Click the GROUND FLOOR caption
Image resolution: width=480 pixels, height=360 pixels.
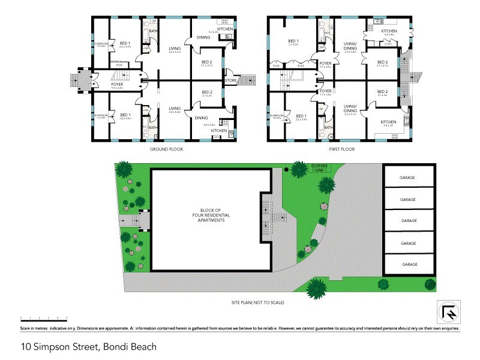point(166,149)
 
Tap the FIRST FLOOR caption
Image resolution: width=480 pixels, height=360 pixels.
point(343,149)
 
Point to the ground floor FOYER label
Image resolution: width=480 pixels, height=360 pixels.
point(117,85)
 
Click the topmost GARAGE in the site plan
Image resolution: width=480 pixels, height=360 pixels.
point(409,178)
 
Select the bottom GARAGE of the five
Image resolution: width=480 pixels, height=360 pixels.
point(409,264)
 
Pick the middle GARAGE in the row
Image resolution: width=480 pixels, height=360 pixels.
point(409,221)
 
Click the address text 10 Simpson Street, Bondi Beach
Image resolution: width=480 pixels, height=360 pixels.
point(89,346)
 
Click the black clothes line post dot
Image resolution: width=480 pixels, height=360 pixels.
point(287,170)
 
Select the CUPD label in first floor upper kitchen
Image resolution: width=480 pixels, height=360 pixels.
point(388,44)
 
